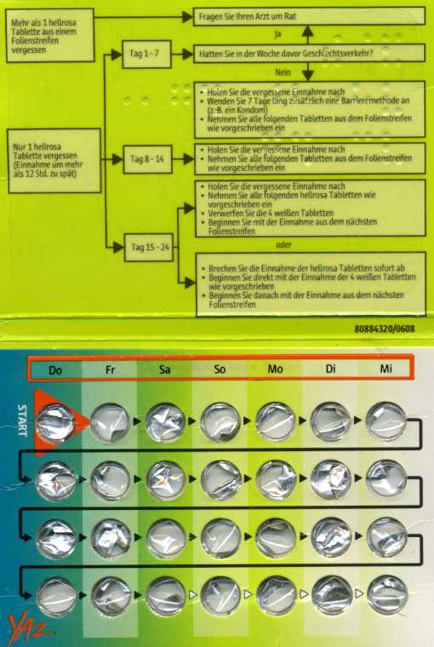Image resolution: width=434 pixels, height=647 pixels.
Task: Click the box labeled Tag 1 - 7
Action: click(x=146, y=54)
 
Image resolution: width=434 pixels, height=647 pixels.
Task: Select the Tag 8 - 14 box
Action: click(x=147, y=159)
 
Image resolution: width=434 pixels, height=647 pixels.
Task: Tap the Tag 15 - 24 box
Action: click(x=149, y=247)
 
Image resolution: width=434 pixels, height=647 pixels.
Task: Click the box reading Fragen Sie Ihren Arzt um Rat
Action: click(x=309, y=16)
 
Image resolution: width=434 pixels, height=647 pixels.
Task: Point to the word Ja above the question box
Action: click(x=277, y=35)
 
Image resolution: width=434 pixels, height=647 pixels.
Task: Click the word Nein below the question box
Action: click(x=283, y=72)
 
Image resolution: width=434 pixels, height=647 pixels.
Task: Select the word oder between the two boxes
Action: click(x=283, y=244)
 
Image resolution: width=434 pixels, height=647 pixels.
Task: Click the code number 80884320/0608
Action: click(x=385, y=329)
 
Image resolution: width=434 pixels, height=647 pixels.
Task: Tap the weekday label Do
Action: click(x=55, y=369)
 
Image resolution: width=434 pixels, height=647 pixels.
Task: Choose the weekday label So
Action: click(x=220, y=369)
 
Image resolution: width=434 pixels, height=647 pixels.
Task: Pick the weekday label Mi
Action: click(x=385, y=369)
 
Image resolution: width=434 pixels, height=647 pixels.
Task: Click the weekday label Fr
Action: click(x=110, y=369)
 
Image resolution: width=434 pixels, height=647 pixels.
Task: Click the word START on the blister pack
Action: click(x=21, y=421)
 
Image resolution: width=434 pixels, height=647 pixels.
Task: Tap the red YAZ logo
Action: click(x=30, y=628)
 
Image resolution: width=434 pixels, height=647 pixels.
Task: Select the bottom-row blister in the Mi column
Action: click(x=387, y=595)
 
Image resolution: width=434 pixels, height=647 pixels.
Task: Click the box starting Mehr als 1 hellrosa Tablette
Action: click(x=50, y=36)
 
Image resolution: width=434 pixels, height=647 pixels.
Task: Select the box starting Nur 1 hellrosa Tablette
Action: click(x=54, y=161)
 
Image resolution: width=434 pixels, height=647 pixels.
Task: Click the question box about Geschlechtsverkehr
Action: click(x=309, y=54)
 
